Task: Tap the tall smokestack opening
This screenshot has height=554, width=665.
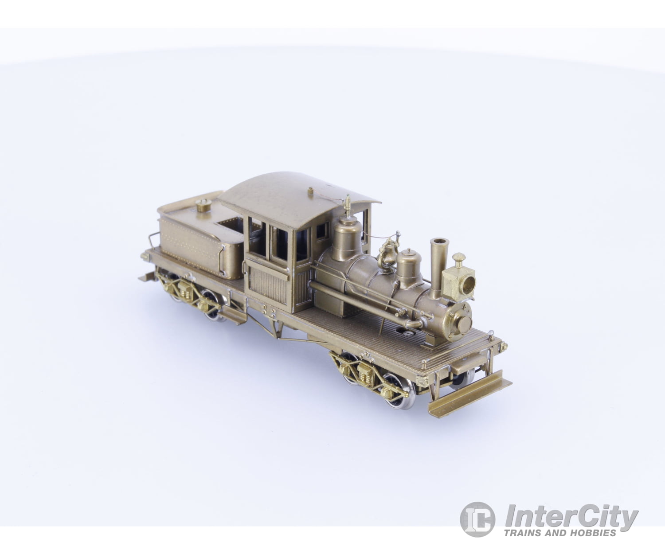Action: coord(439,242)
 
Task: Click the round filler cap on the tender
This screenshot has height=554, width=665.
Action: coord(204,205)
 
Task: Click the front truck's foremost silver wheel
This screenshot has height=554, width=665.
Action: coord(401,390)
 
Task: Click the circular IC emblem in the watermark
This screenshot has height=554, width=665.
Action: coord(477,519)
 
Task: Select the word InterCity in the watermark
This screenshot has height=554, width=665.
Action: coord(572,516)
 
